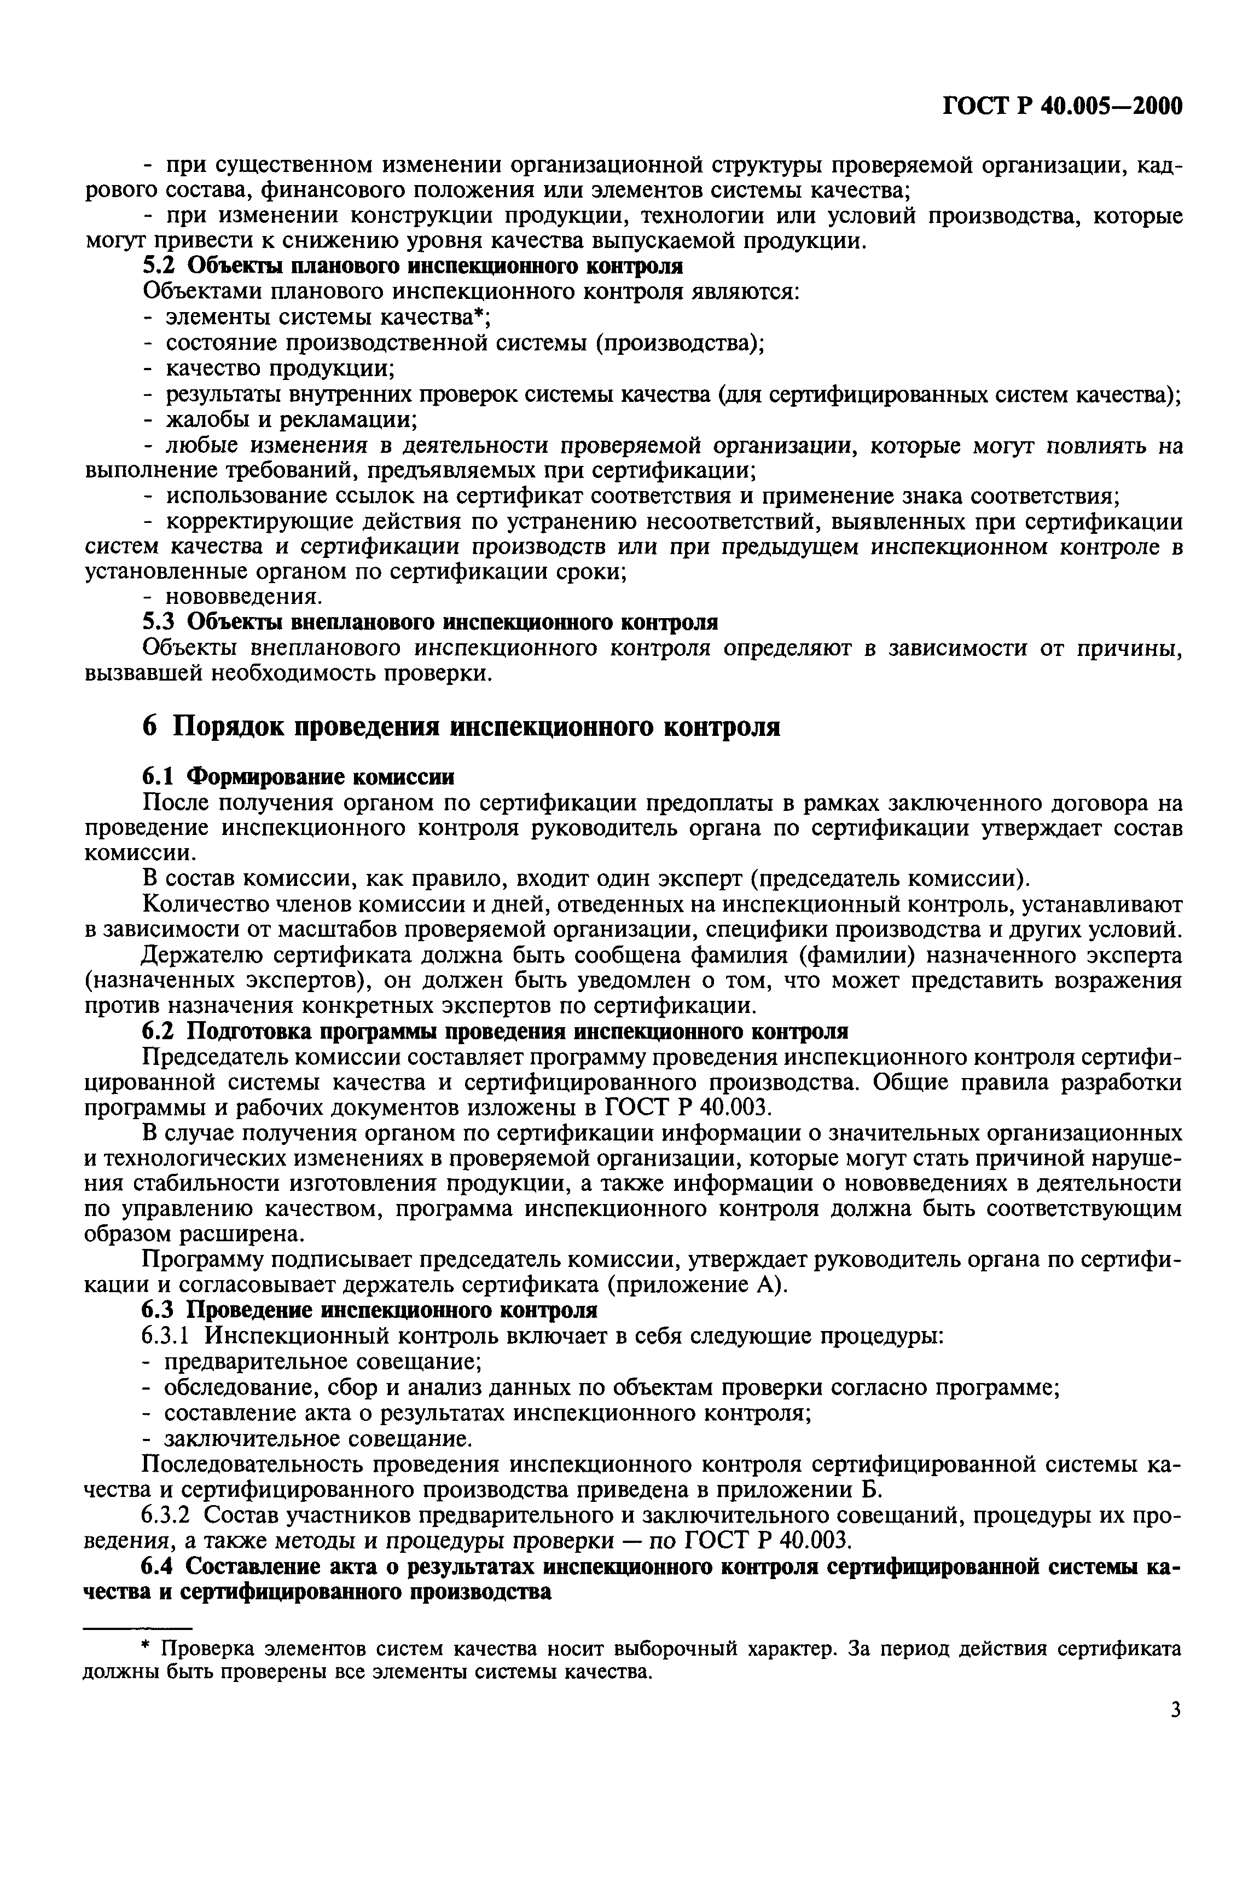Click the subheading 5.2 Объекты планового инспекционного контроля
(413, 267)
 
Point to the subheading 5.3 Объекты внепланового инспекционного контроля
(430, 621)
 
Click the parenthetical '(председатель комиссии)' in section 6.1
(889, 878)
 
